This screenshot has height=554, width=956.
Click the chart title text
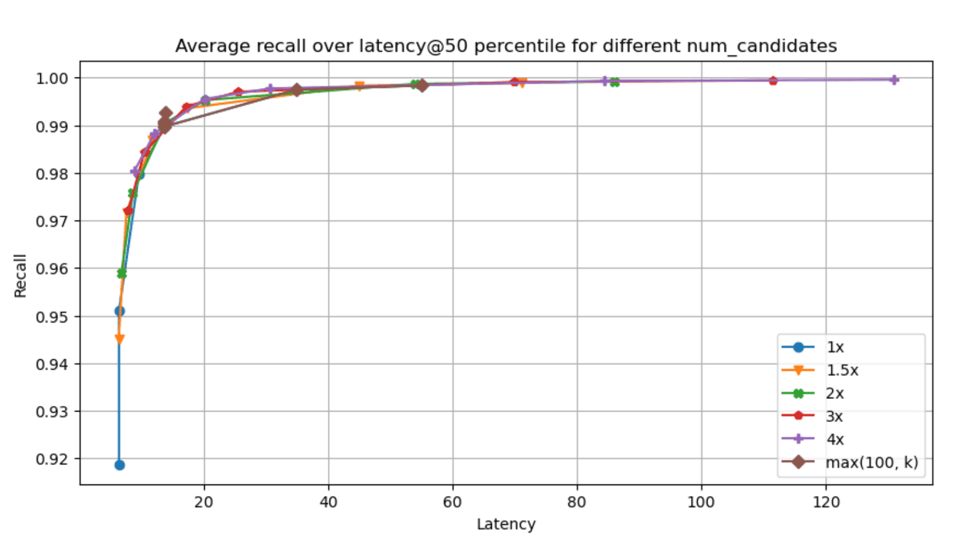(x=506, y=46)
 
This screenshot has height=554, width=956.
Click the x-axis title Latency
(x=506, y=524)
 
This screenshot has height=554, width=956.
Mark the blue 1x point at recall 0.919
(x=119, y=464)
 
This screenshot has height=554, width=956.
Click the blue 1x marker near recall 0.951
(x=119, y=311)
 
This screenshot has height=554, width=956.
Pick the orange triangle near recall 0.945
(x=119, y=339)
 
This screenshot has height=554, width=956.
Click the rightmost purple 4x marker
(x=894, y=80)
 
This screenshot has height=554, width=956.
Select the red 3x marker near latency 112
(x=773, y=81)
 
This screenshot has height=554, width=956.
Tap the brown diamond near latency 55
(x=422, y=85)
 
